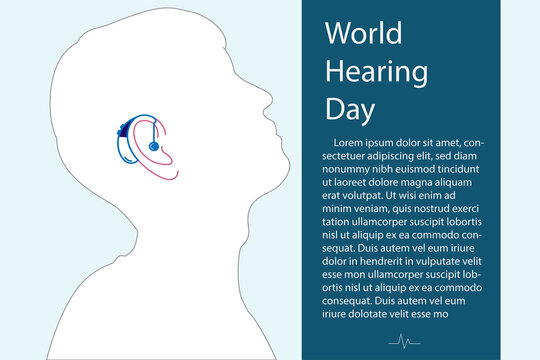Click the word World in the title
[364, 34]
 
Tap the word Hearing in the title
[377, 72]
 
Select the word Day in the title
[349, 108]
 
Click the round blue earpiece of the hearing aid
[153, 146]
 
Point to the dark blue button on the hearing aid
[121, 128]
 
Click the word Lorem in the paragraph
[354, 142]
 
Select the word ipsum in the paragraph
[393, 142]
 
